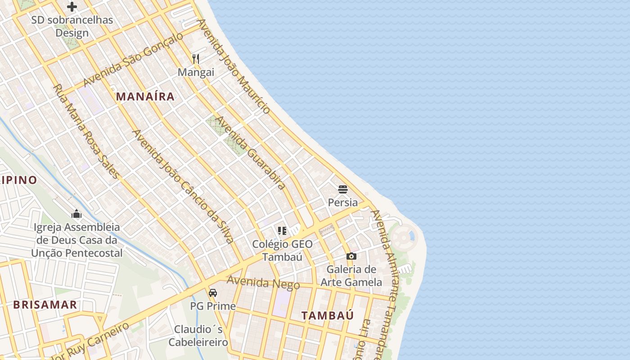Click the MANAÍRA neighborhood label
(145, 96)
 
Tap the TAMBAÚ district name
(328, 315)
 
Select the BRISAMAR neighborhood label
(45, 305)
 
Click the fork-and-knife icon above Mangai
(196, 58)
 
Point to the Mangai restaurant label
(196, 72)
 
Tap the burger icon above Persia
(343, 189)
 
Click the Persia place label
(343, 202)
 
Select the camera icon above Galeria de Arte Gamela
(351, 256)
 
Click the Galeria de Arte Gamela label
(351, 276)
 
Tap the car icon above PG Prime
(213, 293)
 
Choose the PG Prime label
(213, 306)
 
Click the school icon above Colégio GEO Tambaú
(282, 231)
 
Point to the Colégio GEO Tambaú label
(282, 251)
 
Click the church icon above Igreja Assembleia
(76, 214)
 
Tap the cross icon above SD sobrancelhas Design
(72, 7)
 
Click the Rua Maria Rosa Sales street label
(87, 131)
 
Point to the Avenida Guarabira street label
(250, 153)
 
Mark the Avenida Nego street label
(263, 283)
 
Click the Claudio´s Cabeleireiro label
(198, 336)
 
